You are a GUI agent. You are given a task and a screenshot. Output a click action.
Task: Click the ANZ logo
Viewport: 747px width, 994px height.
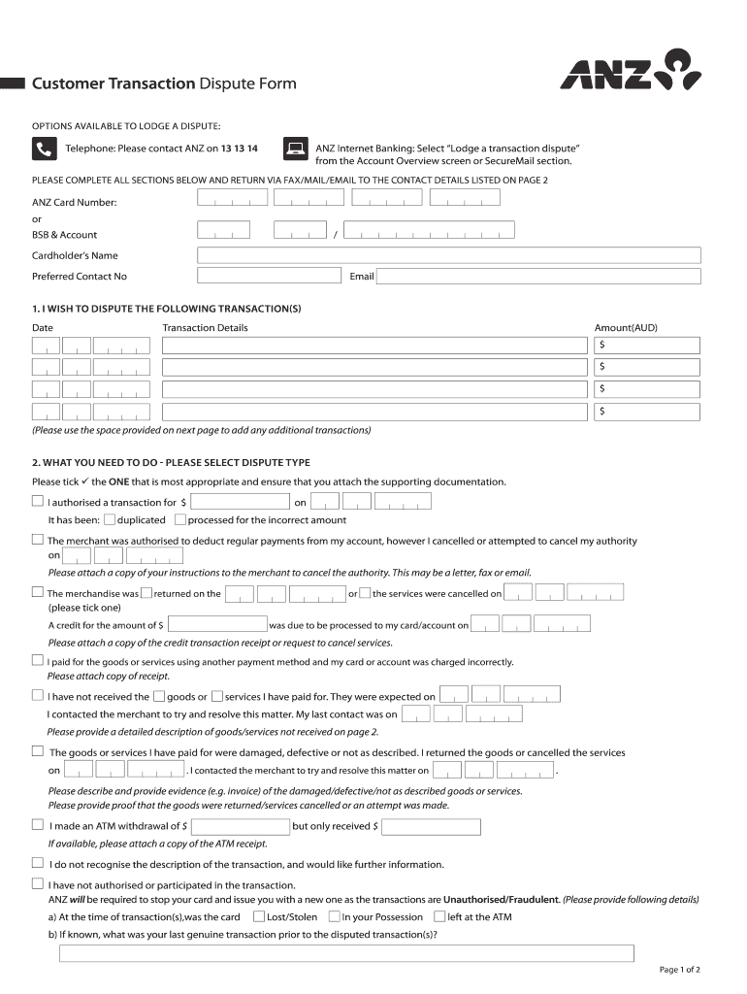pos(630,71)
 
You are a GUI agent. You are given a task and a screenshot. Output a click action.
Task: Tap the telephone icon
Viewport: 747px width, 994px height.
pos(44,149)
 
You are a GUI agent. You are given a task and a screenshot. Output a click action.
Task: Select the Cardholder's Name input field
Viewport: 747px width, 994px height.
pos(448,255)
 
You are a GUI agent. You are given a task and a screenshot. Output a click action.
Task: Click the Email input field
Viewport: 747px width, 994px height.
pos(537,277)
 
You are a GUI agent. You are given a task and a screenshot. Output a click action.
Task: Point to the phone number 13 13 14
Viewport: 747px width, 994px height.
pos(239,149)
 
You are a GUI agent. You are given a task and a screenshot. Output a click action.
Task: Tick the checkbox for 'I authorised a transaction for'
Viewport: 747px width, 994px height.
pos(38,502)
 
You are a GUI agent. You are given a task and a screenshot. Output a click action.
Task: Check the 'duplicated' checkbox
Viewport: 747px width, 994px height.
pos(109,519)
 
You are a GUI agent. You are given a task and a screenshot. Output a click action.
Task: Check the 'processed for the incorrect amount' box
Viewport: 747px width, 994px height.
pos(179,519)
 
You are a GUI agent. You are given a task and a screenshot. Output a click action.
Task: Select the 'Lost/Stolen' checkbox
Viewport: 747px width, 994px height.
pos(259,916)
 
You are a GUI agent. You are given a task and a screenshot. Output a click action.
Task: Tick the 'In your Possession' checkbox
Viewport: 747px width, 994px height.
pos(334,916)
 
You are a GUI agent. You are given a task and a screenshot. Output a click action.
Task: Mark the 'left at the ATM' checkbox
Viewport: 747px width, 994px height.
pos(439,916)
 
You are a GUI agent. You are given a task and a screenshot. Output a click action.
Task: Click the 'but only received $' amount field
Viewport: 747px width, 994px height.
pos(431,827)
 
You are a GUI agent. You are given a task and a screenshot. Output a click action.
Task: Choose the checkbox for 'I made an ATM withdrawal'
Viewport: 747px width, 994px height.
pos(38,826)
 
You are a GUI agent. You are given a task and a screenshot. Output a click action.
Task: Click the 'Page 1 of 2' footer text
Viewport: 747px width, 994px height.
pos(679,970)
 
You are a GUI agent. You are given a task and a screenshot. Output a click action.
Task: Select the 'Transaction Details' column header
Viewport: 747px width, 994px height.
pos(205,328)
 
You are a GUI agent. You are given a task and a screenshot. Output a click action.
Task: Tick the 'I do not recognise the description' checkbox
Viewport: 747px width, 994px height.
pos(38,863)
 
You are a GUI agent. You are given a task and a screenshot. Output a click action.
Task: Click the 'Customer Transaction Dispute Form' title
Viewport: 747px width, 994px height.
pos(164,83)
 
